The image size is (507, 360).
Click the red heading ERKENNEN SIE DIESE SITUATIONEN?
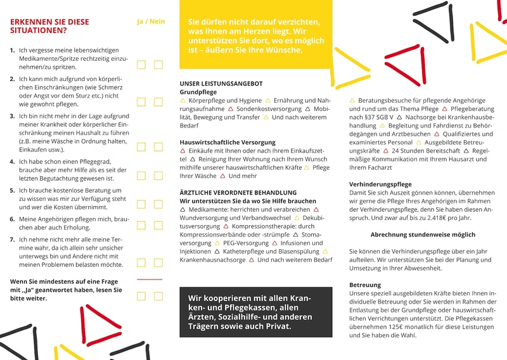click(x=49, y=25)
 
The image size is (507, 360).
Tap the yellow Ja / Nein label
click(x=151, y=22)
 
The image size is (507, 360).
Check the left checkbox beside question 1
click(x=141, y=65)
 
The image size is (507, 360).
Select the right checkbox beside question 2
click(x=158, y=101)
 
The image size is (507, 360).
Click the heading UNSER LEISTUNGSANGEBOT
click(x=221, y=84)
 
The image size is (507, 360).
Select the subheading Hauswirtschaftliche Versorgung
click(x=228, y=142)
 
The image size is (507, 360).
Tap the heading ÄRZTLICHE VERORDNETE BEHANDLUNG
click(x=238, y=192)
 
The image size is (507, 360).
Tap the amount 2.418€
click(x=449, y=217)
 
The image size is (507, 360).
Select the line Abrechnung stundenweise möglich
click(x=423, y=235)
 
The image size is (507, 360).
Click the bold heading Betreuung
click(x=365, y=285)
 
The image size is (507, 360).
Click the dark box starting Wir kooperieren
click(x=255, y=311)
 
